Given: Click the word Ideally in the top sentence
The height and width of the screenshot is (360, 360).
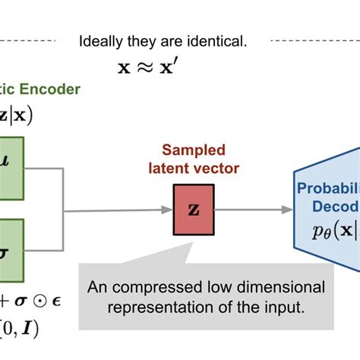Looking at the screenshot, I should coord(101,42).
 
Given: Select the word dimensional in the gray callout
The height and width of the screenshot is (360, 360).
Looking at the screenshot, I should coord(289,288).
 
